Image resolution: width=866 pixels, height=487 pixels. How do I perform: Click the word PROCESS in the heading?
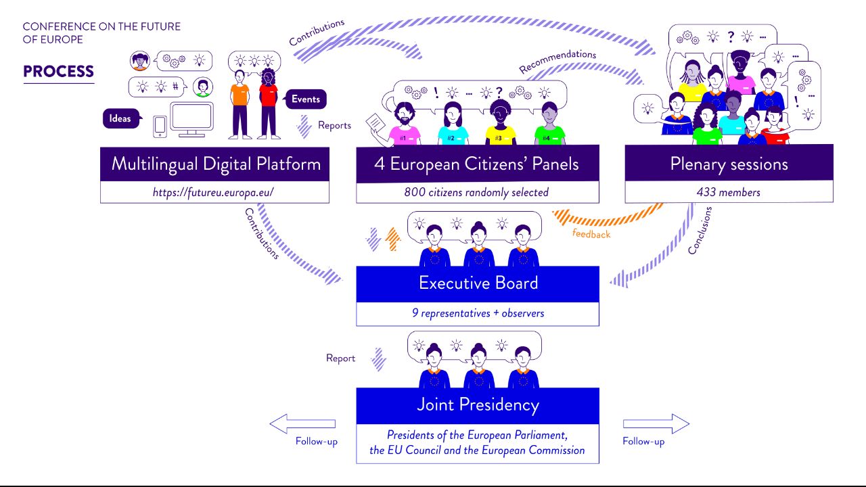[x=58, y=72]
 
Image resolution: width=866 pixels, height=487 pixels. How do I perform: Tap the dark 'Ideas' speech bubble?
[x=121, y=118]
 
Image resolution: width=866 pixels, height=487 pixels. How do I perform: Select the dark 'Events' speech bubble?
[x=305, y=99]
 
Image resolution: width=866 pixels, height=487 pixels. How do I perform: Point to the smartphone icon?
[x=160, y=126]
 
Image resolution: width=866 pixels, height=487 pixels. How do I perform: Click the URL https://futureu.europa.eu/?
[x=213, y=192]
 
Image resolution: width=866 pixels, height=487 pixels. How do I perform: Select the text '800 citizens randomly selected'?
[x=476, y=192]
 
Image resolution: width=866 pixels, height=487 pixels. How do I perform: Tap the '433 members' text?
[x=729, y=192]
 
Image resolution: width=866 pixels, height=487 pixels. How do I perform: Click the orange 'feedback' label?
[x=591, y=234]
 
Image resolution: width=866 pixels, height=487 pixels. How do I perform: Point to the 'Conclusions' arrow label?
[x=700, y=231]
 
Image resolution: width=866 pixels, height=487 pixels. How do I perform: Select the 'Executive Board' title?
[x=478, y=283]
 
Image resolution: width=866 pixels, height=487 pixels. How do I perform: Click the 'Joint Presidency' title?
[x=478, y=404]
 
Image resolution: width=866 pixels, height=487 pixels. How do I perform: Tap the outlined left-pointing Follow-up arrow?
[x=302, y=423]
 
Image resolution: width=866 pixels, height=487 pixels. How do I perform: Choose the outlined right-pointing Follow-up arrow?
[x=656, y=423]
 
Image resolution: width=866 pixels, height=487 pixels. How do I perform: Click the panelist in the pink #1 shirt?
[x=405, y=124]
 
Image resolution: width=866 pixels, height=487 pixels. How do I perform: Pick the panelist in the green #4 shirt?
[x=549, y=124]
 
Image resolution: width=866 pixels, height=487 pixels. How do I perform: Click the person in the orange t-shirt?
[x=240, y=104]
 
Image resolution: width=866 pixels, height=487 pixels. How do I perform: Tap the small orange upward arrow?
[x=393, y=239]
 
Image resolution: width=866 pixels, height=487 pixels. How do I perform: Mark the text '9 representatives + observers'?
[x=478, y=313]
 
